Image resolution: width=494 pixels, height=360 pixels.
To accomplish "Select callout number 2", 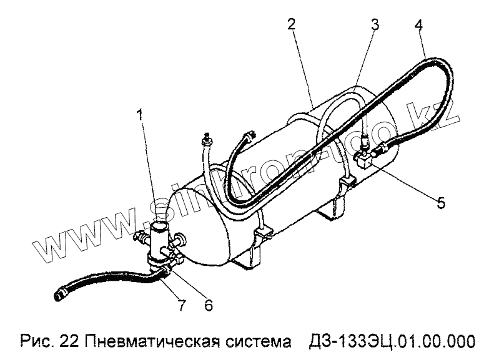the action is [x=291, y=26].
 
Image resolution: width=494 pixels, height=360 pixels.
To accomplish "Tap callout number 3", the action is [x=374, y=26].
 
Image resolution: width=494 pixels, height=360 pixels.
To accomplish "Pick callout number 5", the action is [x=441, y=203].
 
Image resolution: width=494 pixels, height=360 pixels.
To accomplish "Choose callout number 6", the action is [x=208, y=305].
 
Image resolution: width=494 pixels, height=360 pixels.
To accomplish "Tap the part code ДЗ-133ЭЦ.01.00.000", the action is [x=392, y=341].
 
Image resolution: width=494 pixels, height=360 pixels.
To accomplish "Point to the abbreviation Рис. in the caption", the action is [x=35, y=341].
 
